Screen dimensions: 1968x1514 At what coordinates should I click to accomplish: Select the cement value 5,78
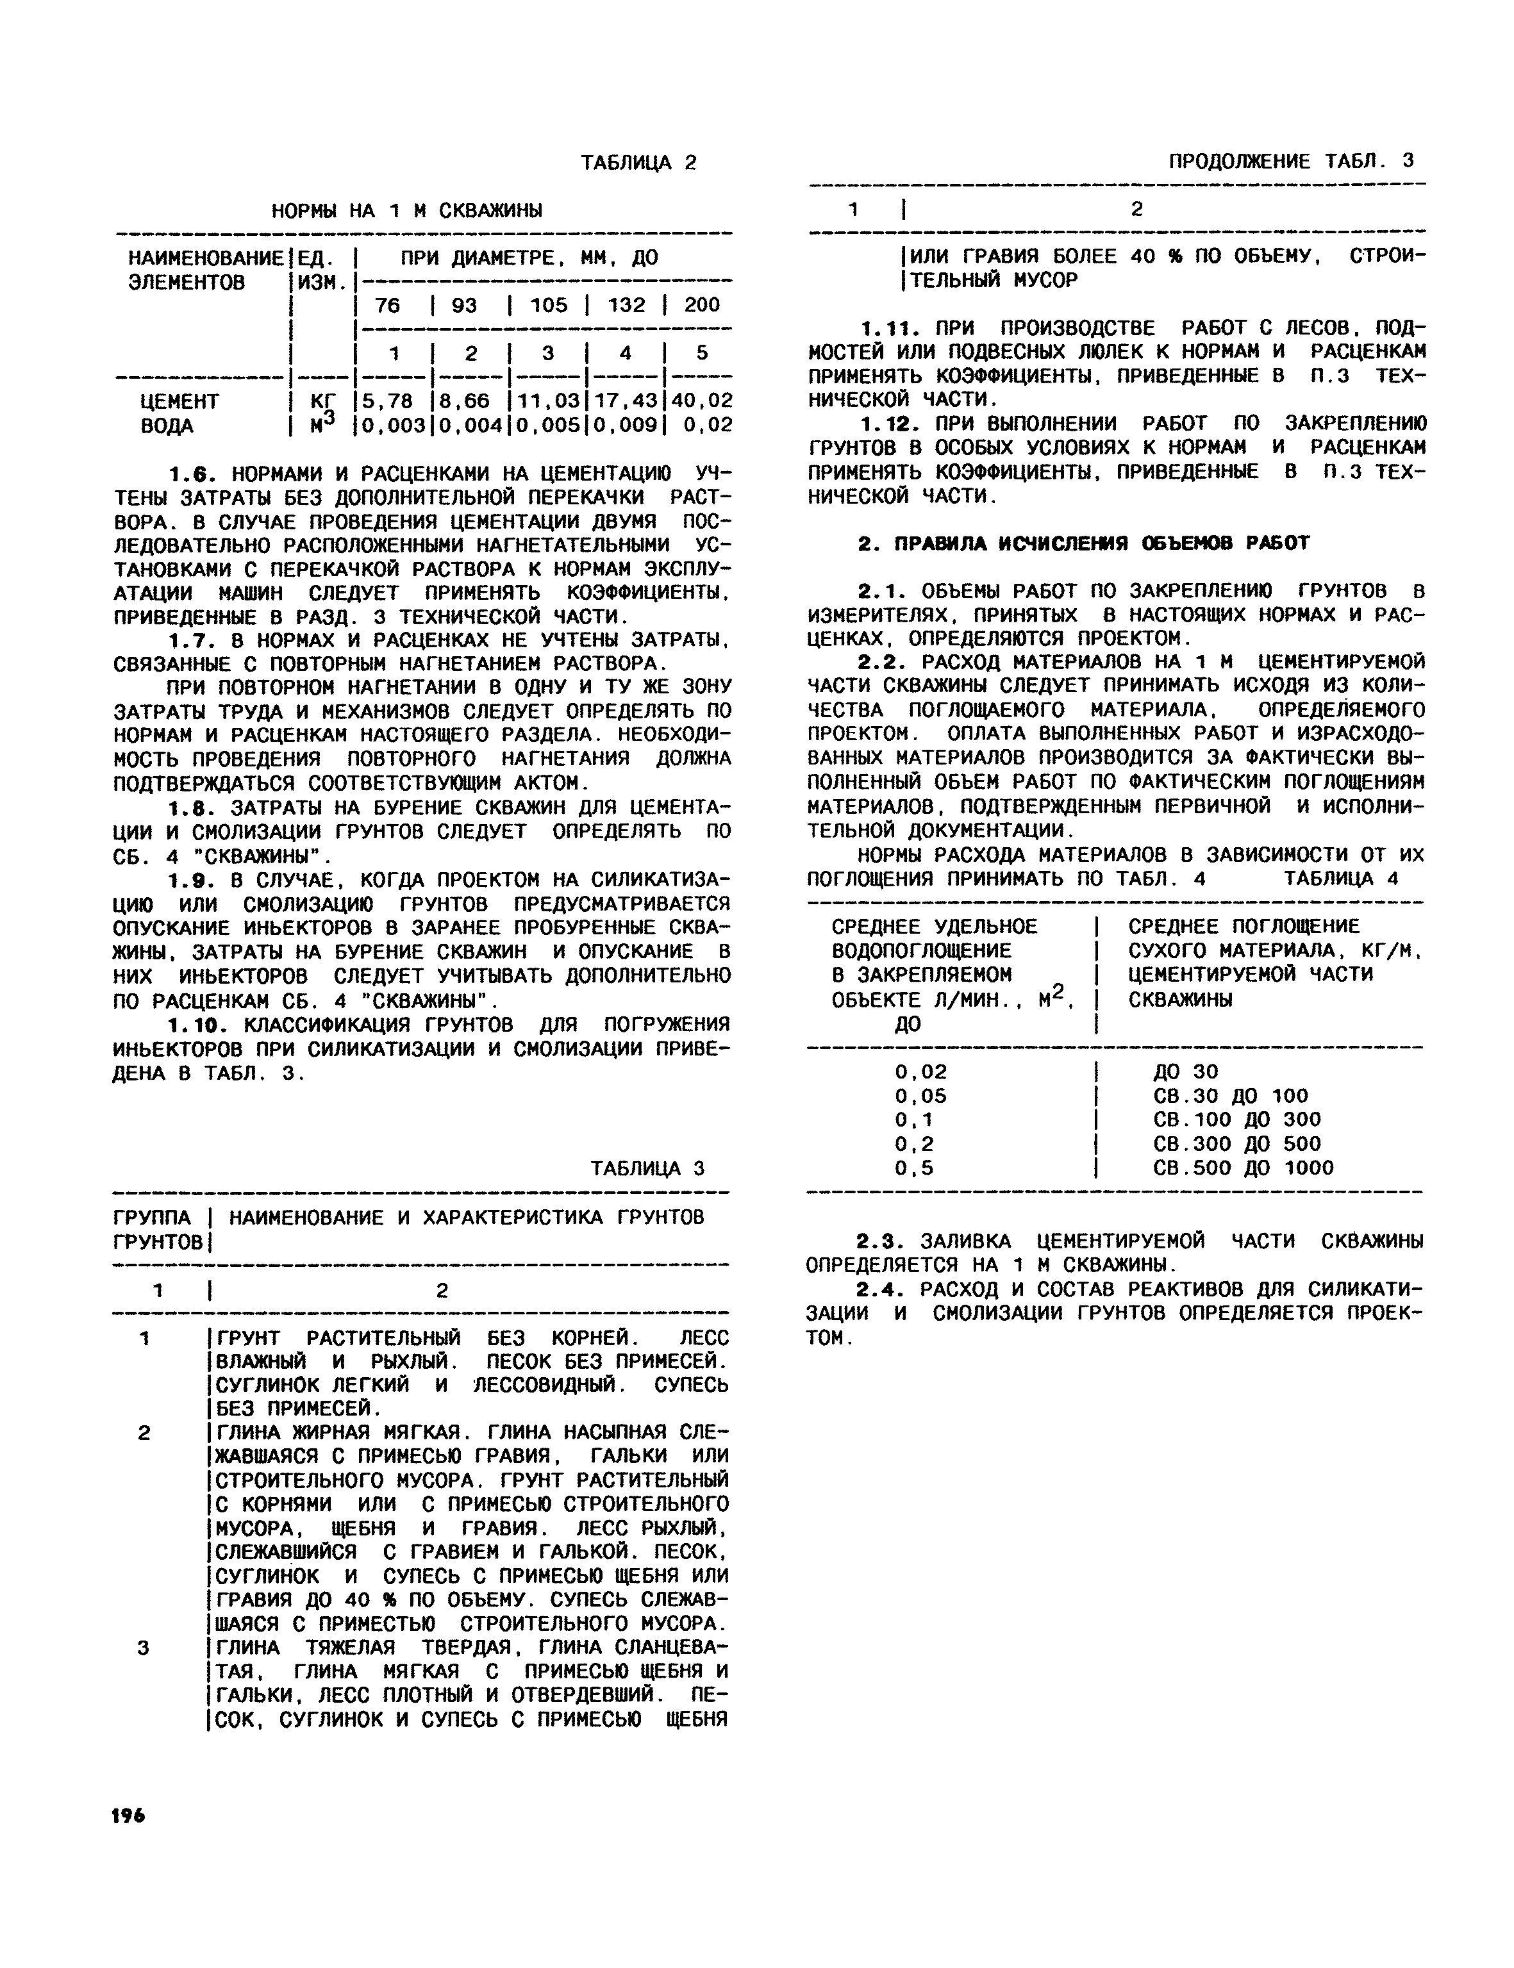tap(388, 400)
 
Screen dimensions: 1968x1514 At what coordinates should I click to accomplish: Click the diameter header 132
tap(626, 304)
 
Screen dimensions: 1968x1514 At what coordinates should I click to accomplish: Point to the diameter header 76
tap(388, 304)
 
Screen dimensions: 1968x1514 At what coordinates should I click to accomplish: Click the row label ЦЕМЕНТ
tap(179, 400)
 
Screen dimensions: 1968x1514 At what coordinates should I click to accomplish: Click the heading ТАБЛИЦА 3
tap(647, 1169)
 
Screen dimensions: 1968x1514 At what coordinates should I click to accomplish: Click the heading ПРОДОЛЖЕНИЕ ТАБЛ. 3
tap(1290, 161)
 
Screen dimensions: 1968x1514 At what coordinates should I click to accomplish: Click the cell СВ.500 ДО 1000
tap(1243, 1168)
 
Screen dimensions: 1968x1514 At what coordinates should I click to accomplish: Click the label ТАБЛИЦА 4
tap(1341, 879)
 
